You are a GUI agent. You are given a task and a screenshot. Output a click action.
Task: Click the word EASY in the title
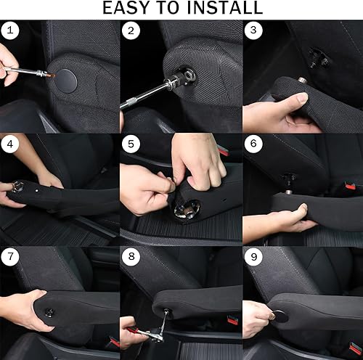click(129, 9)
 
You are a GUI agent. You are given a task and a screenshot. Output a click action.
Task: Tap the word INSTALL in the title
click(221, 9)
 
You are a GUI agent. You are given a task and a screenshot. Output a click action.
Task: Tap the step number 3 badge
click(253, 30)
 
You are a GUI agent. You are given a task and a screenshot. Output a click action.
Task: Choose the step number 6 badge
click(253, 144)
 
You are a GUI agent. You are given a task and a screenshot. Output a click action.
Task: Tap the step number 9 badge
click(253, 257)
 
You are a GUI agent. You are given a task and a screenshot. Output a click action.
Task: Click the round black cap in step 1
click(70, 78)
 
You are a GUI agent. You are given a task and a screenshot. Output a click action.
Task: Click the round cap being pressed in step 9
click(279, 316)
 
